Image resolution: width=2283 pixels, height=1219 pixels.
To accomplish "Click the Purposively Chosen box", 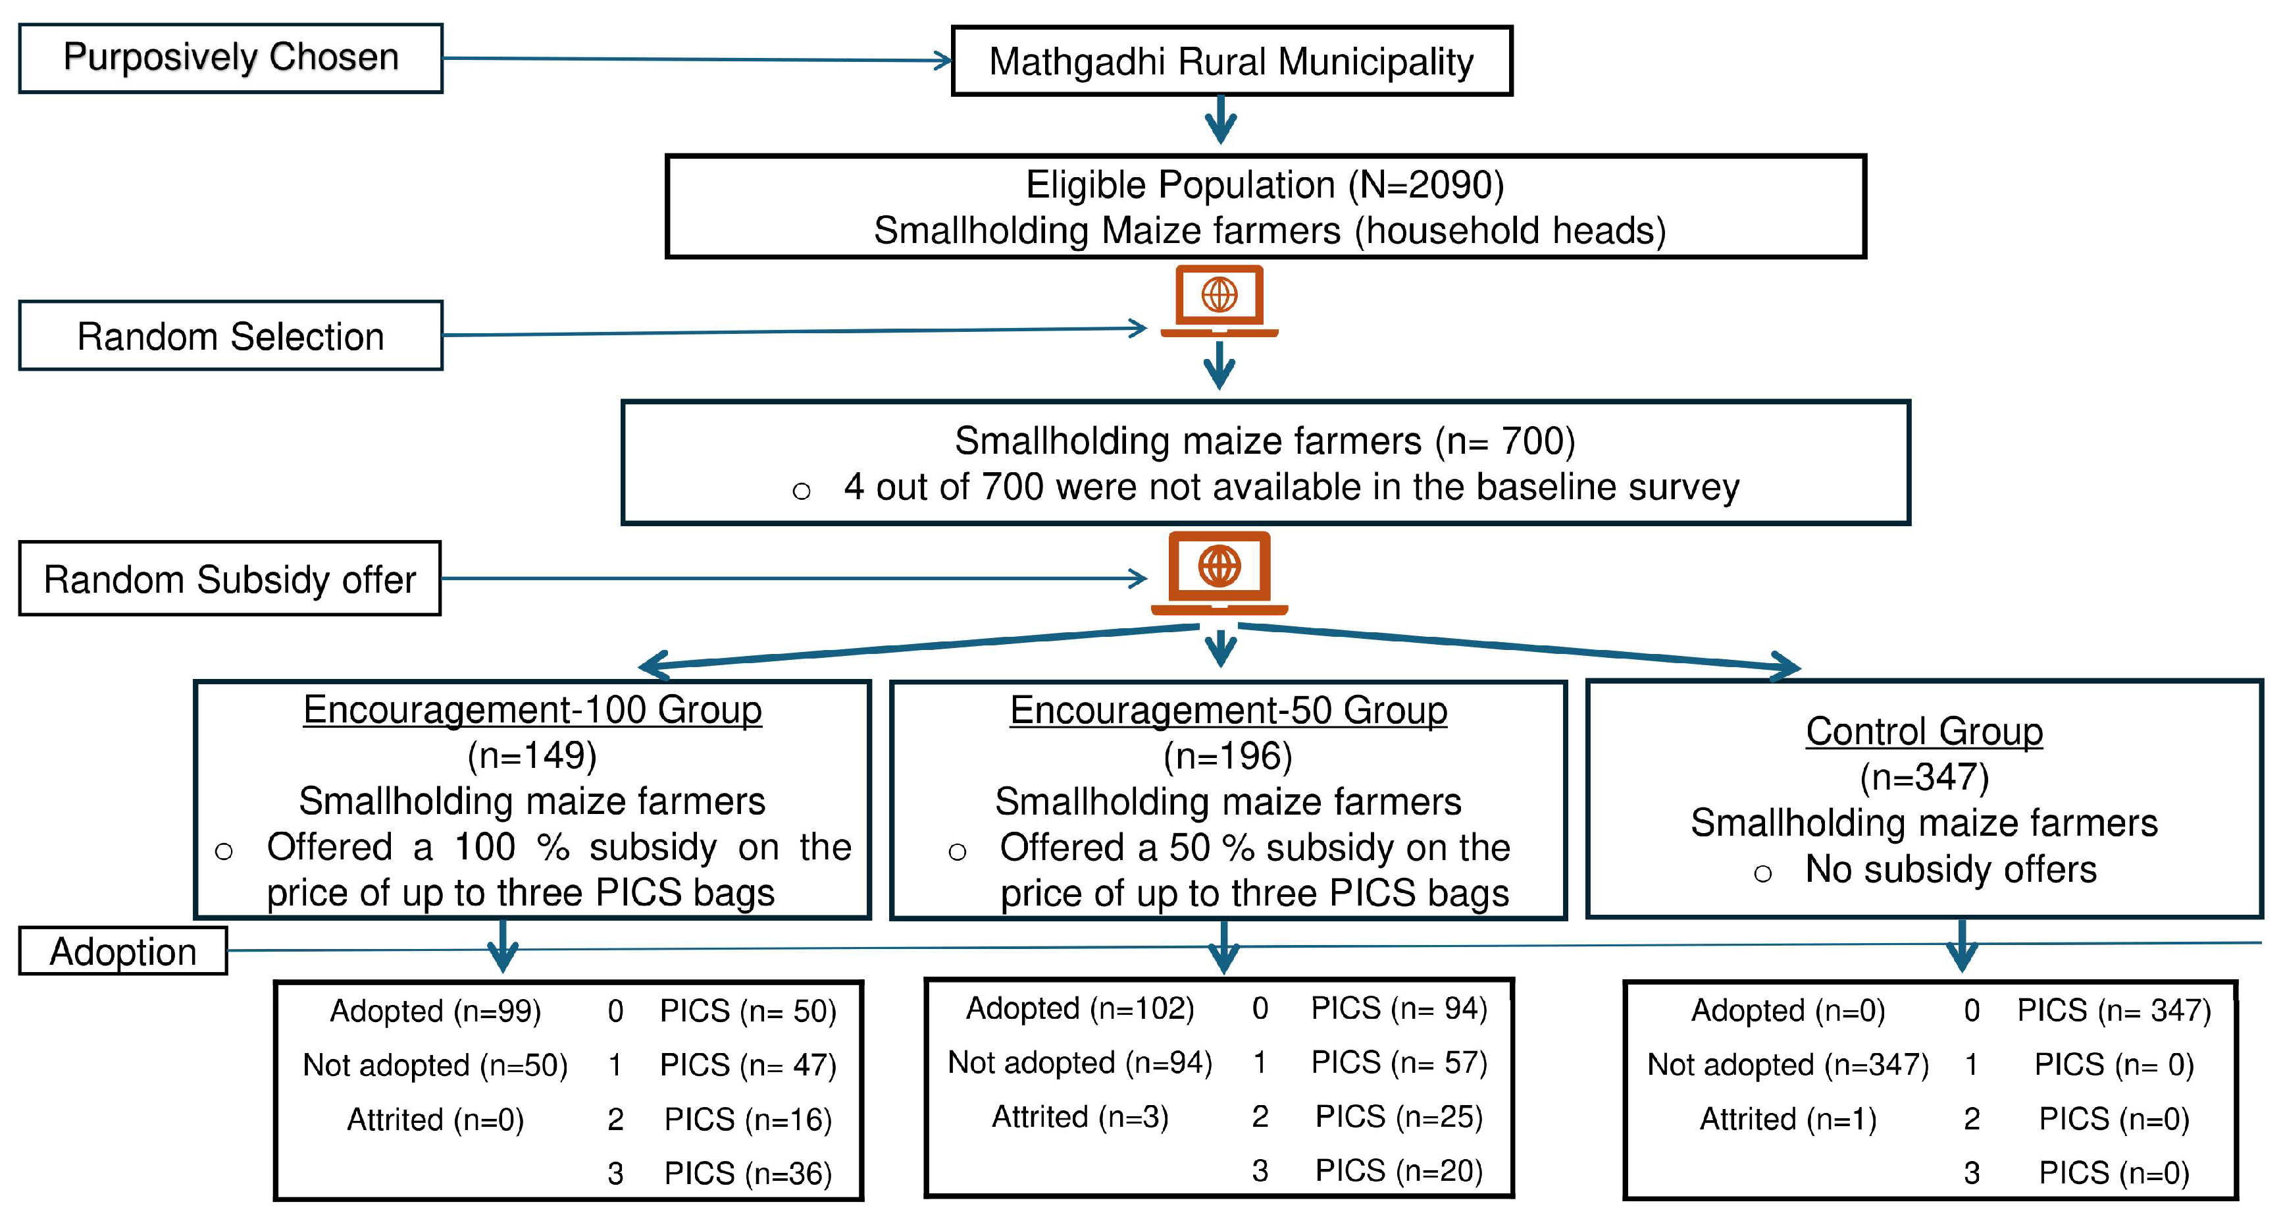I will [230, 59].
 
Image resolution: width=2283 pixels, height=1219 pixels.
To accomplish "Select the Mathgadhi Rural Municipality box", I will [1231, 62].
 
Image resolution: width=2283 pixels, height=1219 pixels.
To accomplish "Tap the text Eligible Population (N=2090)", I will [1265, 184].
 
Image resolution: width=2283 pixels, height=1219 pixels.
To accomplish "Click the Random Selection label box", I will [230, 336].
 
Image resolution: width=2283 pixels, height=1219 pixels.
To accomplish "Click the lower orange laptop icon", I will [1219, 572].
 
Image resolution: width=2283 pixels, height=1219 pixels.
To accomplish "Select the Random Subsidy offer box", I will [230, 580].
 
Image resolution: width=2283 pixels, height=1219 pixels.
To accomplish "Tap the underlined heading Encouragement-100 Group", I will [532, 710].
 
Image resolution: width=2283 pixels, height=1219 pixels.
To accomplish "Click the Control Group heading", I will [1924, 732].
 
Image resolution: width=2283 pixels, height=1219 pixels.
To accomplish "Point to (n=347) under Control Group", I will [1924, 778].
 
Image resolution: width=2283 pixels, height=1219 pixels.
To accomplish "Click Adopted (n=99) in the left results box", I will [435, 1012].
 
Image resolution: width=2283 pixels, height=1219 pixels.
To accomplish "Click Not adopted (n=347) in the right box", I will [1787, 1065].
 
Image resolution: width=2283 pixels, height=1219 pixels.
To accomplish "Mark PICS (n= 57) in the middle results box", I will [1398, 1062].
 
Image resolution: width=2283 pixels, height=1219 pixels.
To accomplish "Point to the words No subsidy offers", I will [1951, 870].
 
